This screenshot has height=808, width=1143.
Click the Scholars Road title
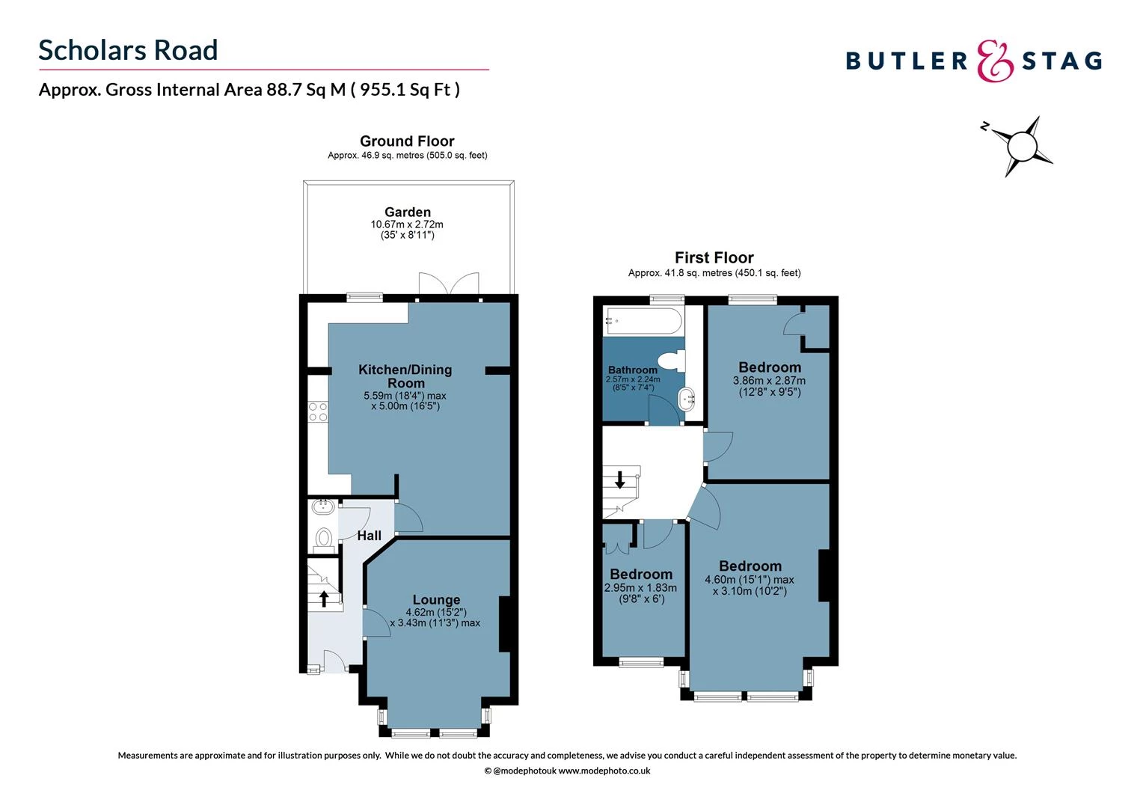128,50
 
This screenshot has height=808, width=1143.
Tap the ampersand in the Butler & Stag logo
994,61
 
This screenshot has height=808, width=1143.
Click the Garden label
407,212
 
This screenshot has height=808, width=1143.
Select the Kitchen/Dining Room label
405,376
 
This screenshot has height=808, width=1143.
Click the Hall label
369,536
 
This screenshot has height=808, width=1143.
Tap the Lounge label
436,600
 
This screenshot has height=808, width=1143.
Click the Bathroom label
632,370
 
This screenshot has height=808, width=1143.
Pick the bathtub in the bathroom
643,321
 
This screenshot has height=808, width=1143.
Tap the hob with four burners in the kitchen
318,411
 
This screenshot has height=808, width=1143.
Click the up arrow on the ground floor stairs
324,598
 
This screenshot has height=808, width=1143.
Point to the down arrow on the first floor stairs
619,480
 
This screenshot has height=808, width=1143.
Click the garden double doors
449,286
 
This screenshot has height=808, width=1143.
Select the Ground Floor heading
407,141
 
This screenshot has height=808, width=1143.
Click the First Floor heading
714,258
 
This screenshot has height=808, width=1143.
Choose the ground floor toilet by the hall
324,537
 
